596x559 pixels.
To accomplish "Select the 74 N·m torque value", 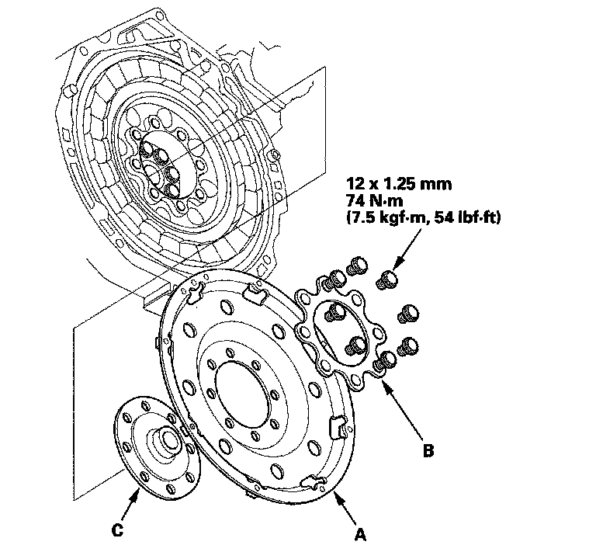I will coord(372,202).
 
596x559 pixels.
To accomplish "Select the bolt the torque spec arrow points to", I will coord(386,279).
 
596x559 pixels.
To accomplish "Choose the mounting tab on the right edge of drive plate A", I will coord(338,427).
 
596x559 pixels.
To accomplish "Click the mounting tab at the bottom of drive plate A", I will coord(312,483).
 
